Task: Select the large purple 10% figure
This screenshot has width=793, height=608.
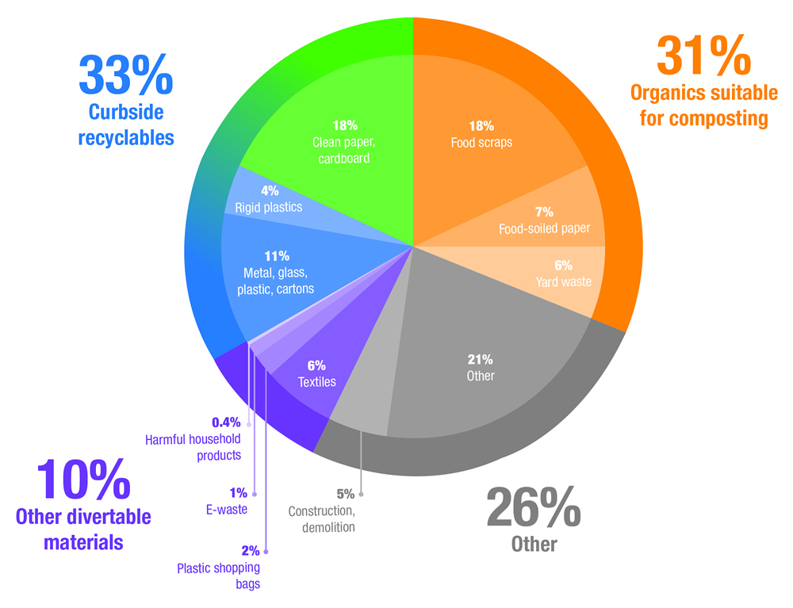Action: [x=83, y=480]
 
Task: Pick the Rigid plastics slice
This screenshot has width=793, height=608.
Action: [x=269, y=200]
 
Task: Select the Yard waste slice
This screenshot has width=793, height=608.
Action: [x=563, y=274]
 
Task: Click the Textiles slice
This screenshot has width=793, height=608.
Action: [x=316, y=373]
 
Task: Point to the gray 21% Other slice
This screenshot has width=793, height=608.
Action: [x=481, y=367]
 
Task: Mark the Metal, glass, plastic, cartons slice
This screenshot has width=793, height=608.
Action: [x=277, y=273]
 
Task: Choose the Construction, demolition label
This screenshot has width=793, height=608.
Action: [x=321, y=519]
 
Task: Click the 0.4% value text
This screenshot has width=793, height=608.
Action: [x=226, y=422]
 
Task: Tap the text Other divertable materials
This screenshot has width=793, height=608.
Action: [x=83, y=530]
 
